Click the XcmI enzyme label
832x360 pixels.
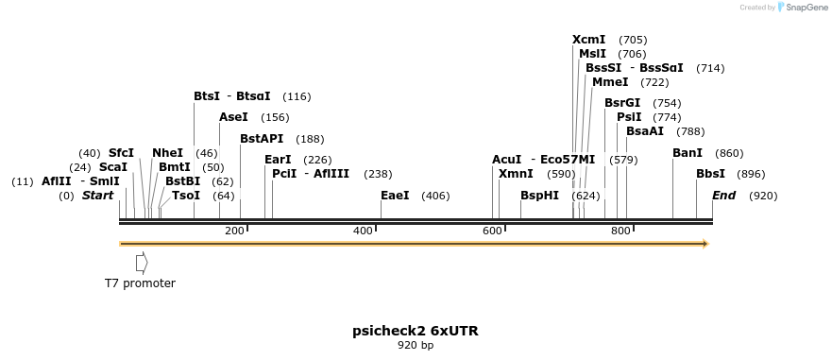(x=589, y=40)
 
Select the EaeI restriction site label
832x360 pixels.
(x=395, y=196)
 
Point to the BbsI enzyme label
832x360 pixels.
(x=711, y=174)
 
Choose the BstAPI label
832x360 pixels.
(x=262, y=139)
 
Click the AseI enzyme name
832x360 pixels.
(x=233, y=117)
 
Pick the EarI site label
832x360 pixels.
(x=278, y=160)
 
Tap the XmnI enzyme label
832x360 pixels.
(x=516, y=174)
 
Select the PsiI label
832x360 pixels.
(x=629, y=117)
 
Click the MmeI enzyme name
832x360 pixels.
(x=610, y=82)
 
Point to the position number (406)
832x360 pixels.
(x=435, y=196)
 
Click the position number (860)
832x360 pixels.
(x=729, y=153)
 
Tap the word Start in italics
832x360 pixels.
(x=98, y=196)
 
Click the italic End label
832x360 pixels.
(x=724, y=196)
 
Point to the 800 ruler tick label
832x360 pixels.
(x=620, y=231)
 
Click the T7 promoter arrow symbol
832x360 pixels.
(x=142, y=262)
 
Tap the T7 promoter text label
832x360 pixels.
(x=140, y=283)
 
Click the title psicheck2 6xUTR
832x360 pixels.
(x=416, y=331)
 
